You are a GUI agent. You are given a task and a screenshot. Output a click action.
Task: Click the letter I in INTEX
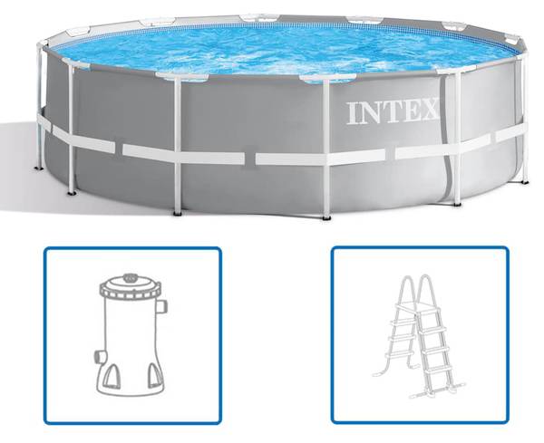point(353,113)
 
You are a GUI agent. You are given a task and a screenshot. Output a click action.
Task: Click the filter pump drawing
point(131,335)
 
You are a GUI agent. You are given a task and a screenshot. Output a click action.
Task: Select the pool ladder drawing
point(419,337)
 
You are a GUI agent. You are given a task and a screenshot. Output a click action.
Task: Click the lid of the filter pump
point(131,287)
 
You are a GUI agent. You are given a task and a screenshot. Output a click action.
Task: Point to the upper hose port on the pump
point(161,306)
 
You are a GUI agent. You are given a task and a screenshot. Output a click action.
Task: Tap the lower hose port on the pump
point(100,357)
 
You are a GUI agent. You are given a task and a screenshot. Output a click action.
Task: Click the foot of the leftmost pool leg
point(39,169)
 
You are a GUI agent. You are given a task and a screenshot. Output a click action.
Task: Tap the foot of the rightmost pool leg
point(525,181)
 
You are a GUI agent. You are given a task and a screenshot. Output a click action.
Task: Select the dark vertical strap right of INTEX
point(447,139)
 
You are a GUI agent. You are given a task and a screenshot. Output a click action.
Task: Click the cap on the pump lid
point(131,277)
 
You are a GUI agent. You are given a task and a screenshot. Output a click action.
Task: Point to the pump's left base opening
point(112,377)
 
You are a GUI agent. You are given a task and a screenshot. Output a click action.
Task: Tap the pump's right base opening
point(155,376)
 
